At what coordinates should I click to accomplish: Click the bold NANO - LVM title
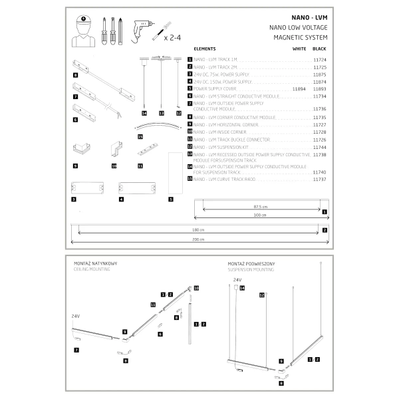pyautogui.click(x=310, y=18)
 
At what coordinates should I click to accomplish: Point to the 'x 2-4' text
pyautogui.click(x=173, y=39)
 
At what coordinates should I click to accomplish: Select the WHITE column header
pyautogui.click(x=299, y=49)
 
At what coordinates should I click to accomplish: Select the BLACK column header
pyautogui.click(x=319, y=49)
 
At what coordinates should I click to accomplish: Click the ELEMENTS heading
pyautogui.click(x=205, y=49)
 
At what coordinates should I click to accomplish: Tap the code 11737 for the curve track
pyautogui.click(x=319, y=179)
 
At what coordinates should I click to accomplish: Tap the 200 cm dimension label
pyautogui.click(x=198, y=239)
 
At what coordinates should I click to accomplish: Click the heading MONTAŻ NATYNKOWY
pyautogui.click(x=99, y=264)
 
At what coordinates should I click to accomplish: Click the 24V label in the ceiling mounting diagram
pyautogui.click(x=75, y=317)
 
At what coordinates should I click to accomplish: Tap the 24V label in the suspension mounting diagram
pyautogui.click(x=237, y=281)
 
